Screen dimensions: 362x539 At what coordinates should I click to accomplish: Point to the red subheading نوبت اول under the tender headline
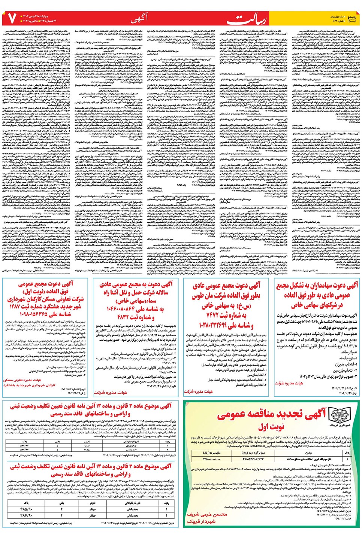click(271, 427)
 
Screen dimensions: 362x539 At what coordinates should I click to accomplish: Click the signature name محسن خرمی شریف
click(207, 514)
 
